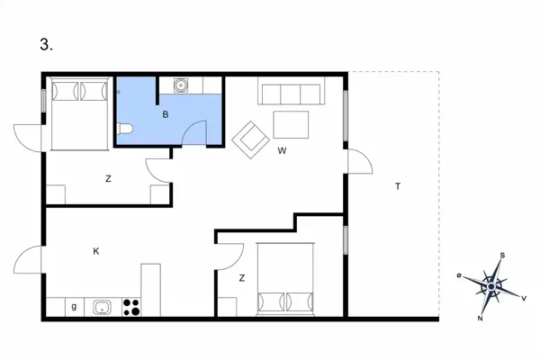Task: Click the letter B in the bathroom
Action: (166, 114)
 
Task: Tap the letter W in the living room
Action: (282, 150)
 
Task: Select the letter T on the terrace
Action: (397, 186)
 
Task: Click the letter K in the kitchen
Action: (96, 251)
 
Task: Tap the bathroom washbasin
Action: (180, 87)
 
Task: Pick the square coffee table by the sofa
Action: (291, 123)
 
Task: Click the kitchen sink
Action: (103, 307)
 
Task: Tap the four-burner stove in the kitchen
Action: (131, 307)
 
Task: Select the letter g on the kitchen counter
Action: (74, 308)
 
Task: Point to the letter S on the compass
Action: (502, 256)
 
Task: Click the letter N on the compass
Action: (481, 319)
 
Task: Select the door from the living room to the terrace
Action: (359, 162)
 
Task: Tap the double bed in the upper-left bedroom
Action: (79, 115)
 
